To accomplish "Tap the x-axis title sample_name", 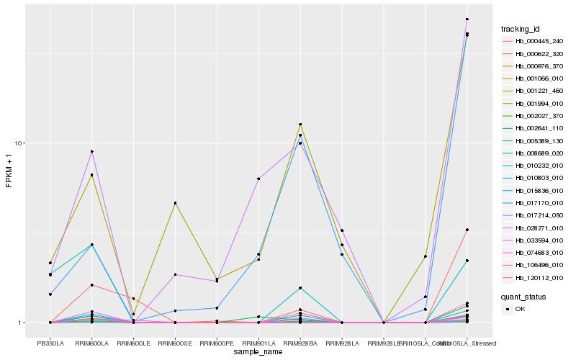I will (258, 351).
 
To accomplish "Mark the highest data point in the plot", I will (467, 19).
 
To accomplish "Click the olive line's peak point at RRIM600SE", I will (175, 203).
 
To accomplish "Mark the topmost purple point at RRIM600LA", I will (91, 151).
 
